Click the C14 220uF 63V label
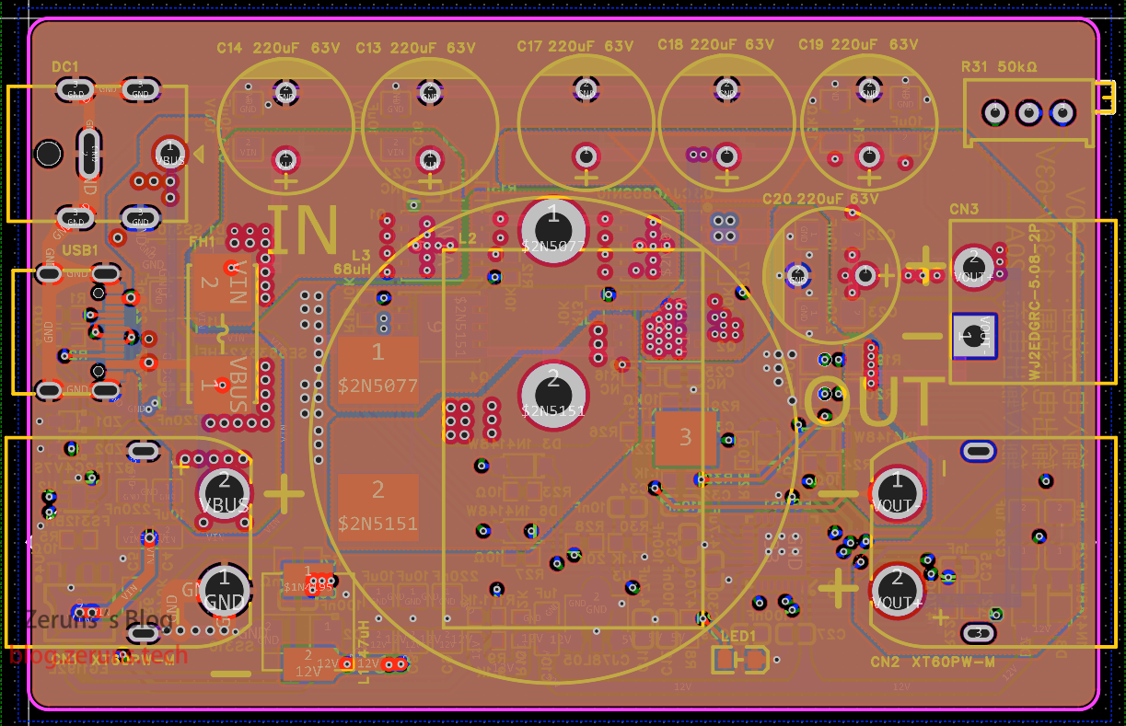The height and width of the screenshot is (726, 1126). coord(279,47)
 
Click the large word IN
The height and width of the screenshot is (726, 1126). coord(304,231)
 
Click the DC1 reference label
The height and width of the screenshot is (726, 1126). coord(65,66)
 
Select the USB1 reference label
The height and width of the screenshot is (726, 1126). coord(82,250)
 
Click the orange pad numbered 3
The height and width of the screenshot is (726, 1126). coord(685,437)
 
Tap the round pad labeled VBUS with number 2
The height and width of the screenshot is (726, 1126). coord(224,490)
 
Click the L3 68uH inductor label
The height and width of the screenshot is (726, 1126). coord(353,261)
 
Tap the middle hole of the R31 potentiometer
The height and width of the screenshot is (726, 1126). coord(1028,113)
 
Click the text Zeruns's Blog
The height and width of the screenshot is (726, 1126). coord(99,619)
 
